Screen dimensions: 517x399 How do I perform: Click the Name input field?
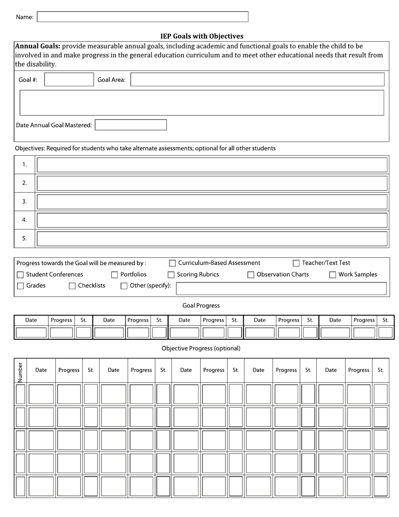142,17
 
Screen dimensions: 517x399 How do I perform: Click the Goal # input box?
69,79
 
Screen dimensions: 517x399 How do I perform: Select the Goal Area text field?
257,79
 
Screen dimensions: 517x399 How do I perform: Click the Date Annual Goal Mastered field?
131,125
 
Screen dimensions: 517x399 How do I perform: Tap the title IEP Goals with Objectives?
202,36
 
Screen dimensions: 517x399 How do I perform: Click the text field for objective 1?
212,165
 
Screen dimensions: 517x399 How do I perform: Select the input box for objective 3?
212,202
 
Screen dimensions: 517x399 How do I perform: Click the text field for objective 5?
212,239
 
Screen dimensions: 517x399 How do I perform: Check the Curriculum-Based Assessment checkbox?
172,264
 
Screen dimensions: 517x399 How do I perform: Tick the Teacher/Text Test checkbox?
296,264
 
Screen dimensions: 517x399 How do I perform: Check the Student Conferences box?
20,275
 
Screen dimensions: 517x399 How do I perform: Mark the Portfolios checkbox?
114,275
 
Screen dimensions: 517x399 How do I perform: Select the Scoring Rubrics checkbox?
171,275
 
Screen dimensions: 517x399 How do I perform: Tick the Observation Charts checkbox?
251,275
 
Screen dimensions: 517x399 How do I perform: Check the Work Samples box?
333,275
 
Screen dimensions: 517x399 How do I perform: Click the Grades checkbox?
20,286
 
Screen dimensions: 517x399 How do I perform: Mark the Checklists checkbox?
72,286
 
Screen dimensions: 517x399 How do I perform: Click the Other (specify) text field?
281,288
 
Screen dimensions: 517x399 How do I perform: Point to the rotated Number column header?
20,370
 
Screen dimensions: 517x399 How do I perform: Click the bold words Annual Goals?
38,46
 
